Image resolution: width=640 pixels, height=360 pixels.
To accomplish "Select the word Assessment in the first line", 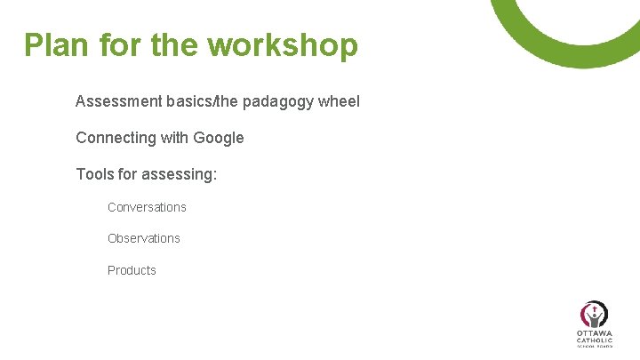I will click(x=118, y=101).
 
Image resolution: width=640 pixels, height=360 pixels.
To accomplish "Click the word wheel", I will click(x=340, y=101).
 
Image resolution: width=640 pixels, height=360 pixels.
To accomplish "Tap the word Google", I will click(x=219, y=138).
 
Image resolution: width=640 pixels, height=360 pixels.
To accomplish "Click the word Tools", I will click(x=94, y=174).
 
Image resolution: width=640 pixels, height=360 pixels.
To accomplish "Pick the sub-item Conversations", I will click(x=147, y=207).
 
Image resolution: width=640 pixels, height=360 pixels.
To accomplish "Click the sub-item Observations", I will click(x=143, y=238).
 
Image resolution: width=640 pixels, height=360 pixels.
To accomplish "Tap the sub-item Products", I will click(x=132, y=270).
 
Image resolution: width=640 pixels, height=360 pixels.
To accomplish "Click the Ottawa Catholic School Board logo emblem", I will click(x=594, y=314).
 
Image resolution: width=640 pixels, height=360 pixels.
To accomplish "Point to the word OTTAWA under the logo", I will click(x=594, y=333).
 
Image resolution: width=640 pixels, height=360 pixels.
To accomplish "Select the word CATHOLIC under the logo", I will click(x=594, y=340).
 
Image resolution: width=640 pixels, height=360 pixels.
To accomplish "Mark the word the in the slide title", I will click(x=175, y=44).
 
